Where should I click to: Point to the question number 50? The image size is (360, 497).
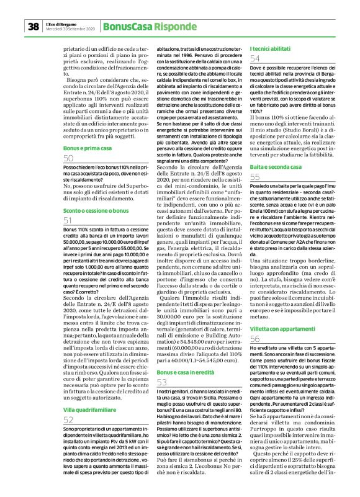coord(69,159)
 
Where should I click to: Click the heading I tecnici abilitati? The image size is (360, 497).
coord(271,48)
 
